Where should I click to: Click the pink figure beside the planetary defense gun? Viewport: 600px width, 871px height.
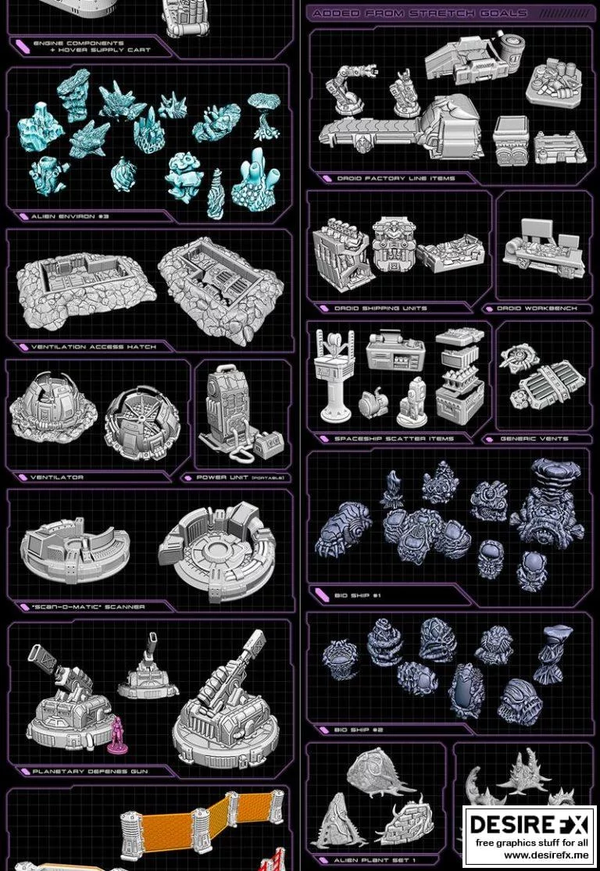click(117, 734)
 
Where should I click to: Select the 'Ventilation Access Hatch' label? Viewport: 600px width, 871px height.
click(93, 347)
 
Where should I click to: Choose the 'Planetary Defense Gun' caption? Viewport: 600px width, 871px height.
click(91, 771)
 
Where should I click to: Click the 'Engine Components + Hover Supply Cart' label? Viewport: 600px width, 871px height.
click(89, 46)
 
